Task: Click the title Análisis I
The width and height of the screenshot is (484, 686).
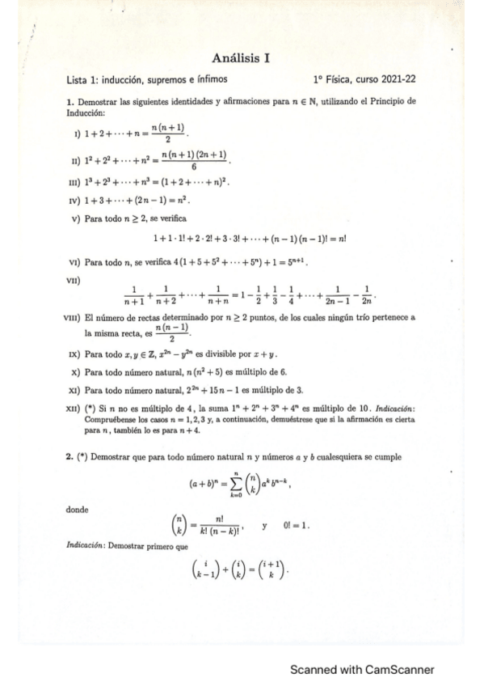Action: click(x=241, y=57)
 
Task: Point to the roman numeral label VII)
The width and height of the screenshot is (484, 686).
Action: click(x=78, y=279)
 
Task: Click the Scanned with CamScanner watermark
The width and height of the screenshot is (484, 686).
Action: click(x=362, y=670)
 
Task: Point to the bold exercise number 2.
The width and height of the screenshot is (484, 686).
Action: click(x=69, y=457)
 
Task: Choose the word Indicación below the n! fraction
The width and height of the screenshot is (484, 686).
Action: click(x=86, y=547)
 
